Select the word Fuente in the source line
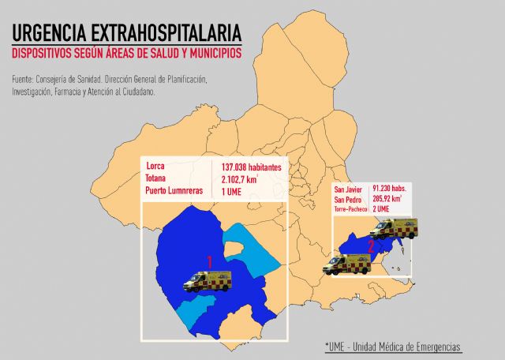click(24, 80)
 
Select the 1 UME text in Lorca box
click(231, 191)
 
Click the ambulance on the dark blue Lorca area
click(208, 281)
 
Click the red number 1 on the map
click(210, 261)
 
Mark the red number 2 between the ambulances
click(370, 246)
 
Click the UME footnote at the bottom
click(392, 347)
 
